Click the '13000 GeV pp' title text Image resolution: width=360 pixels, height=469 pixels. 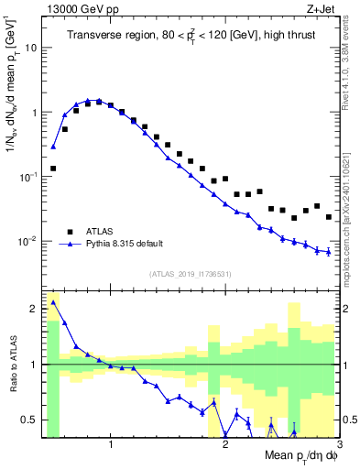click(78, 8)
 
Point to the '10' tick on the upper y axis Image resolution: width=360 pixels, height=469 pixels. click(32, 47)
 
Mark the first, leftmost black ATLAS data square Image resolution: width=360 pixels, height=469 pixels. click(53, 169)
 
